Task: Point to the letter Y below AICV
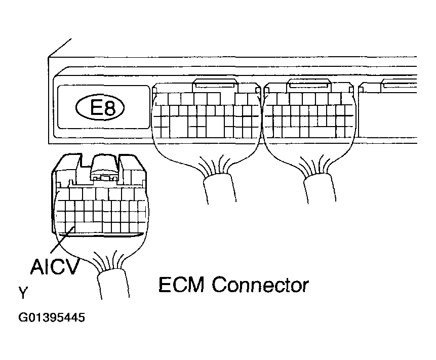coord(23,293)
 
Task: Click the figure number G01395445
coord(52,318)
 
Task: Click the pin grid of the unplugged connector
coord(101,215)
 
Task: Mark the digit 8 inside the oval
coord(111,108)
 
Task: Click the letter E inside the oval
coord(95,108)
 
